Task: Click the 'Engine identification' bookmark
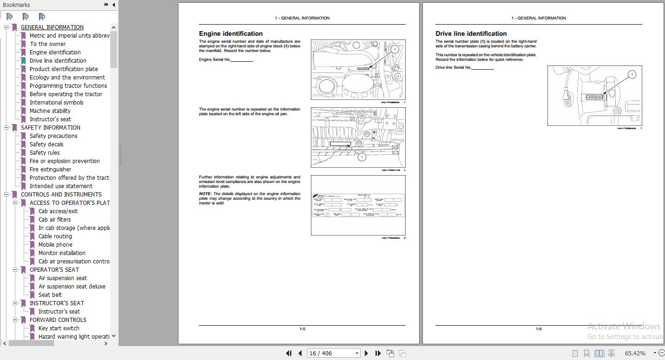tap(55, 52)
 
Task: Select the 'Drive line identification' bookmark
tap(58, 61)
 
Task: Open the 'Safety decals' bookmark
tap(46, 144)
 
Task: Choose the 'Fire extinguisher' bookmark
tap(50, 170)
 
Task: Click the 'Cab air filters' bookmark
tap(54, 220)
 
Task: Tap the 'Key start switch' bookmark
tap(59, 328)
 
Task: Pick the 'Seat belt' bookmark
tap(50, 295)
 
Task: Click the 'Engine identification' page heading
tap(230, 33)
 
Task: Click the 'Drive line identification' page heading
tap(471, 33)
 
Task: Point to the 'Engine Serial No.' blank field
tap(242, 60)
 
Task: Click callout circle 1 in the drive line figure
tap(632, 74)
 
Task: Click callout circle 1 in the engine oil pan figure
tap(362, 157)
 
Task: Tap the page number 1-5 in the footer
tap(302, 329)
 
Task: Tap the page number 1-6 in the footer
tap(538, 329)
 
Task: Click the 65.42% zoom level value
tap(635, 353)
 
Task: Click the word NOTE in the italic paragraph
tap(205, 194)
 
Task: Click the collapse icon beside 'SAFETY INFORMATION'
tap(7, 128)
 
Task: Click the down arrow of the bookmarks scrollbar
tap(114, 336)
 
